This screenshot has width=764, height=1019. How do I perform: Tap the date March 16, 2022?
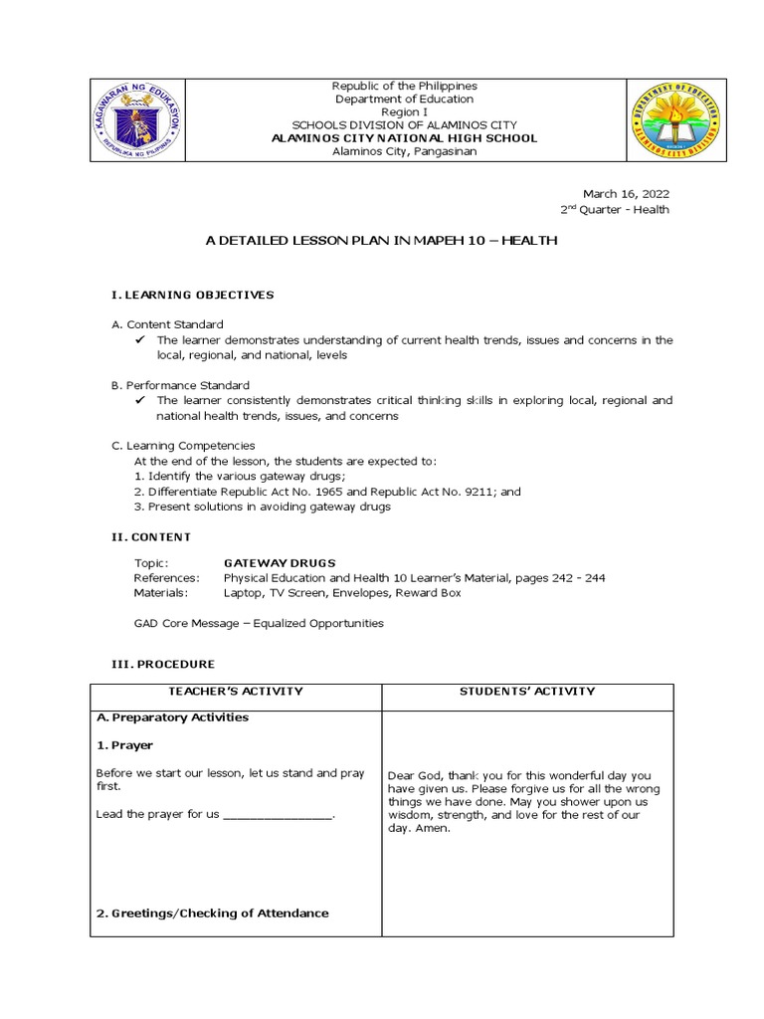coord(626,193)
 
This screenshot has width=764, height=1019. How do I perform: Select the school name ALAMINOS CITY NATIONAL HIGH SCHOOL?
coord(404,138)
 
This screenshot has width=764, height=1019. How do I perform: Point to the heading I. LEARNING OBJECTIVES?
coord(191,295)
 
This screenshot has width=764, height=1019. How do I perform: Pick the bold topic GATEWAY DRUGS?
coord(280,562)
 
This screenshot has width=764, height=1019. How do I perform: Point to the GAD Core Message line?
coord(259,624)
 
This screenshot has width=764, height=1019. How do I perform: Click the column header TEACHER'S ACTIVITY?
coord(236,692)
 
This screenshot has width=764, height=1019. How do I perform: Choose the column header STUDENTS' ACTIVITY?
coord(527,692)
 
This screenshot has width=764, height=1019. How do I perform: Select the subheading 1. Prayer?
coord(125,744)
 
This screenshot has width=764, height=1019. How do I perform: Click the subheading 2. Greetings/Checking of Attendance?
coord(212,914)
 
